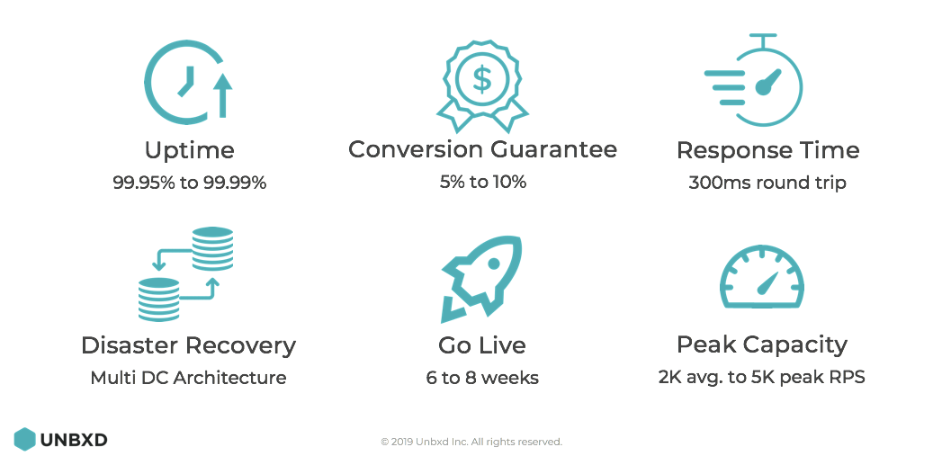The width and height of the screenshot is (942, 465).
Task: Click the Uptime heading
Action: tap(189, 150)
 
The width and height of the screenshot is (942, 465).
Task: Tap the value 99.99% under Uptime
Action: tap(236, 182)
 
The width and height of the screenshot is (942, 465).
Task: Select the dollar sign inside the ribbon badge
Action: tap(482, 78)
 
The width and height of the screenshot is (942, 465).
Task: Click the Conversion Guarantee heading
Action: tap(482, 149)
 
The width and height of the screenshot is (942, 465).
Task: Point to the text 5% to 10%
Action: tap(482, 182)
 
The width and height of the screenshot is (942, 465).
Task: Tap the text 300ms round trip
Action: tap(767, 182)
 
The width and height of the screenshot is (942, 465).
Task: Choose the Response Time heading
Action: tap(767, 150)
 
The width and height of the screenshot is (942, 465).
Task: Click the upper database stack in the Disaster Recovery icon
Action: tap(212, 248)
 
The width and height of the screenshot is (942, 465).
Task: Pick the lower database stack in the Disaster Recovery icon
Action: tap(158, 300)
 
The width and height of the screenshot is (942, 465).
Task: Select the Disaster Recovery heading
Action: tap(189, 345)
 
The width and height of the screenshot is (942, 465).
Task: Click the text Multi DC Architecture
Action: tap(189, 378)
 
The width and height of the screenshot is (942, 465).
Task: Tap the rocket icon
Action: tap(482, 279)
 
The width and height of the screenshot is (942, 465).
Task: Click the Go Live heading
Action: tap(482, 345)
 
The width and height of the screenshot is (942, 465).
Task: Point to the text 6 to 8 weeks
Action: tap(482, 378)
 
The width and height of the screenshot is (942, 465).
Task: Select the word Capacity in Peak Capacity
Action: tap(796, 345)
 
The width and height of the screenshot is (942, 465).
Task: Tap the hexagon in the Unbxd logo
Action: tap(24, 439)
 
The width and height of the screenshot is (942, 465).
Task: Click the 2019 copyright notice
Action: tap(471, 443)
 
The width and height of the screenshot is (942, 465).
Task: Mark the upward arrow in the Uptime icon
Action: tap(223, 95)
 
